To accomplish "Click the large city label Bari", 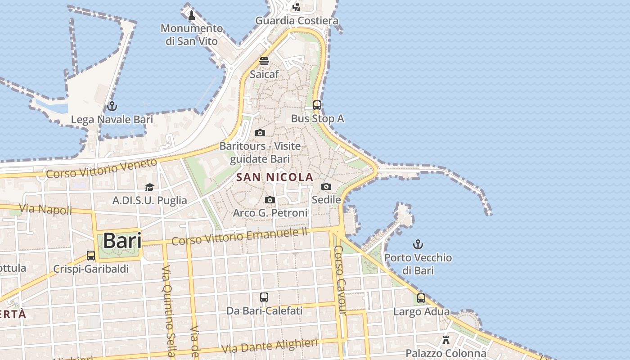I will (x=122, y=241).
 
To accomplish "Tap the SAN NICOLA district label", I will (x=274, y=177).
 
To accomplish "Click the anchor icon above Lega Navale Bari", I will (x=112, y=107).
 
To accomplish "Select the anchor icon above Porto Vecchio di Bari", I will (x=418, y=245).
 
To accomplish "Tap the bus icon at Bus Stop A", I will (x=317, y=105).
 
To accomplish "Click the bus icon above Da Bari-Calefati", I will (x=264, y=297).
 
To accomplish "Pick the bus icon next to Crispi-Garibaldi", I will (x=91, y=256).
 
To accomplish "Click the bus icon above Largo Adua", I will (x=421, y=298).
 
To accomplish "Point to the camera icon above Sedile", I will (x=326, y=186).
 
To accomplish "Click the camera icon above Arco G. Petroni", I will (x=270, y=200).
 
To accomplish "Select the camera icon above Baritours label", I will (x=260, y=133).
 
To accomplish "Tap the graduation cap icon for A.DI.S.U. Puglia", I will (x=149, y=187).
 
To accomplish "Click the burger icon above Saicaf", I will (x=264, y=61).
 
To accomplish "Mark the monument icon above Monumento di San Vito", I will (x=192, y=15).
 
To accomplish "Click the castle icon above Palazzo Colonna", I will (x=446, y=340).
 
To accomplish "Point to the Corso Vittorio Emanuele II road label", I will (x=239, y=236).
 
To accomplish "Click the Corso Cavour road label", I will (x=341, y=279).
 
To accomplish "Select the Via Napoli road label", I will (x=46, y=209).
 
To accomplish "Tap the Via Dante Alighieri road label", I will (x=270, y=346).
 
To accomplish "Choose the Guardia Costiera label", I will (x=297, y=21).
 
